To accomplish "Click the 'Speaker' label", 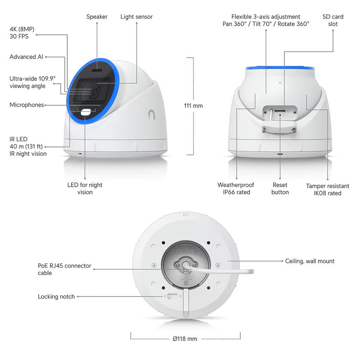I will (97, 17).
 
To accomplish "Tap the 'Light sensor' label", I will (136, 17).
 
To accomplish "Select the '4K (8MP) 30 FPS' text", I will (22, 33).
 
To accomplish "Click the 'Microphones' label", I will (27, 105).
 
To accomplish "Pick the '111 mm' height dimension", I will (193, 106).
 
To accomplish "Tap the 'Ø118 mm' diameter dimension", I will (185, 339).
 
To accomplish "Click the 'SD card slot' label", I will (333, 20).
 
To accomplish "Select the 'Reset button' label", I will (280, 189).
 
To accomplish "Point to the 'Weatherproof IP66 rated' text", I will (236, 189).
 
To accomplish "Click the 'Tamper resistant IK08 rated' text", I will (327, 189).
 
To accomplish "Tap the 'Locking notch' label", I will (56, 297).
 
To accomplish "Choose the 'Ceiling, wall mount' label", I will (310, 261).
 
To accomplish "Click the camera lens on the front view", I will (96, 91).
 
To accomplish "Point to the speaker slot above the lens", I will (97, 70).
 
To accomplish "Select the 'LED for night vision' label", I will (85, 189).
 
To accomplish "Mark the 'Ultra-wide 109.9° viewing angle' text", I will (32, 82).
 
